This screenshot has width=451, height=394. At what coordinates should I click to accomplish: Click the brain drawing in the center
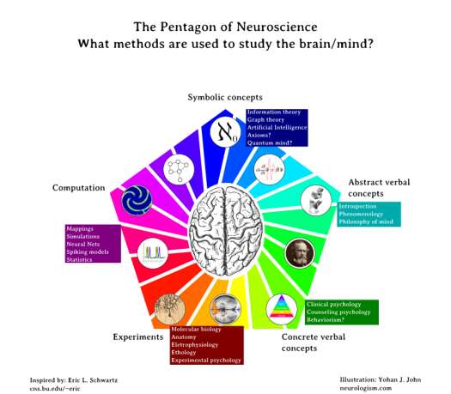coord(225,230)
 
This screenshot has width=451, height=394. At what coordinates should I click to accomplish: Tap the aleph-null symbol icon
coord(225,132)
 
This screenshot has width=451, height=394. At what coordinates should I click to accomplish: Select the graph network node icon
coord(179,168)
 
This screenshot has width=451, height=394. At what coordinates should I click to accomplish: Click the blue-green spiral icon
coord(137,201)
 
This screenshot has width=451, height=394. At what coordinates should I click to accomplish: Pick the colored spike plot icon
coord(153,252)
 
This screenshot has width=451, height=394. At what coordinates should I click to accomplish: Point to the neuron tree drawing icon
coord(169,308)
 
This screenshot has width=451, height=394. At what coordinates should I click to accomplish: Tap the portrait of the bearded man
coord(299,252)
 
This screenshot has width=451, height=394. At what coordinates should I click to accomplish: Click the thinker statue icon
coord(316,200)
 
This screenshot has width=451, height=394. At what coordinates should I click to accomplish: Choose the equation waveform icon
coord(269,169)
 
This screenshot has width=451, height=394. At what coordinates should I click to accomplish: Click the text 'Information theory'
coord(274,112)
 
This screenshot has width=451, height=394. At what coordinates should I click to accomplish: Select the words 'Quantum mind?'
coord(270,142)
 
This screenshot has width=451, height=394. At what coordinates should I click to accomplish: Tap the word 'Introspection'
coord(357,206)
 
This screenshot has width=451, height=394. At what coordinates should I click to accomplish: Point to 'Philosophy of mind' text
coord(366,221)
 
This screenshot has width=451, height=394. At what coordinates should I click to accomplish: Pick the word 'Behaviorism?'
coord(326,319)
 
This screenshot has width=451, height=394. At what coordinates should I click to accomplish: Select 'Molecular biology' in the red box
coord(196,329)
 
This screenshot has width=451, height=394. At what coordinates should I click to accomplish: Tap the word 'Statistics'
coord(80,259)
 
